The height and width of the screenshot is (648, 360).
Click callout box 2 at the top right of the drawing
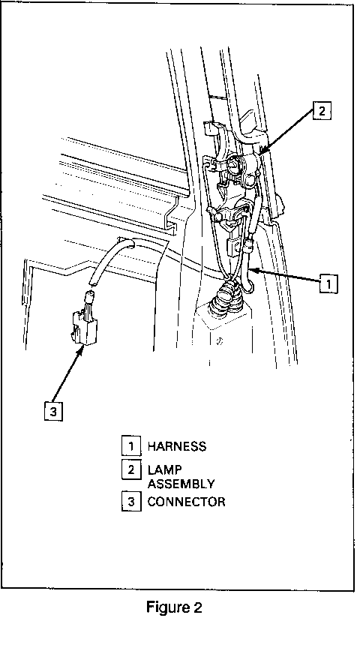tap(322, 111)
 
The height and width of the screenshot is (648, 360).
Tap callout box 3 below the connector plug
tap(53, 412)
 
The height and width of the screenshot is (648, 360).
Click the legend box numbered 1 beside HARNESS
tap(131, 446)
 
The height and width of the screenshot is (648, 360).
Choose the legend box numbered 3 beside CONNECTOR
tap(131, 502)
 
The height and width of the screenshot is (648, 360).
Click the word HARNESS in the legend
tap(176, 446)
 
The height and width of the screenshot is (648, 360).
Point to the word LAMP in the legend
tap(164, 470)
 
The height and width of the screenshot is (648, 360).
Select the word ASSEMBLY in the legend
tap(181, 484)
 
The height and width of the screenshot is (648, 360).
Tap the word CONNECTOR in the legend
tap(186, 502)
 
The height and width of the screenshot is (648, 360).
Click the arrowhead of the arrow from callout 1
tap(253, 271)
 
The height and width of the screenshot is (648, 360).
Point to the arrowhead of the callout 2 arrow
tap(262, 151)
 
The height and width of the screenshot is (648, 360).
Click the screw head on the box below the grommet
tap(220, 341)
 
